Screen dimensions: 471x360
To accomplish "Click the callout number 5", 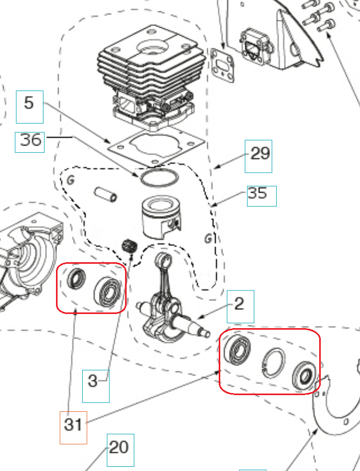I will tap(29, 103).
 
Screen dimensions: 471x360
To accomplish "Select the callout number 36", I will tap(30, 140).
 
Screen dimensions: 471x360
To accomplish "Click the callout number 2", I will tap(240, 304).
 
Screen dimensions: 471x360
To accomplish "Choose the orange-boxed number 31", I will tap(73, 423).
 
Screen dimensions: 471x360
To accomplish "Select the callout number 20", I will tap(120, 447).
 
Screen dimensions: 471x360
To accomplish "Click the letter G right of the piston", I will tap(208, 239).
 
